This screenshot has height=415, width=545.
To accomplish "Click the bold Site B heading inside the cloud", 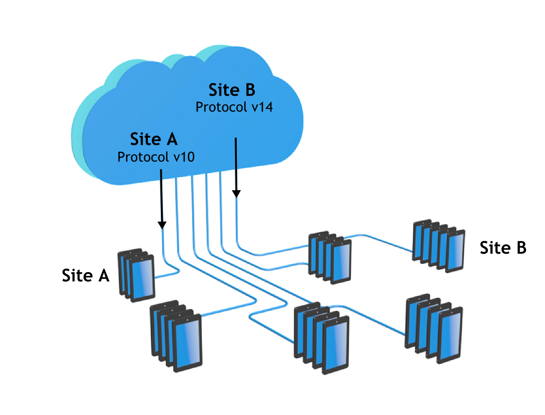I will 231,89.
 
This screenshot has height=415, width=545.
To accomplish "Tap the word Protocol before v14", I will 220,107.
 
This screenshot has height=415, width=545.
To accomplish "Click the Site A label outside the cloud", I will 85,276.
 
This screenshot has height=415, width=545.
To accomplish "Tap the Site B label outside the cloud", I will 503,248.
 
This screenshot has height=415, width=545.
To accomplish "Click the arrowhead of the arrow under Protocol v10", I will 162,224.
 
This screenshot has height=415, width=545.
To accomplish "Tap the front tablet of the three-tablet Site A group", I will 143,281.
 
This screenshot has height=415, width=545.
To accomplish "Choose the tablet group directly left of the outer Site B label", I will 438,247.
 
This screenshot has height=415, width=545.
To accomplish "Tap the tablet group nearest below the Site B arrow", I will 330,257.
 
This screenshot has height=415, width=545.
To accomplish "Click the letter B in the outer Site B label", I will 520,248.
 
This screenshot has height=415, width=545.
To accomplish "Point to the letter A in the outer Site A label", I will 103,276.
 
